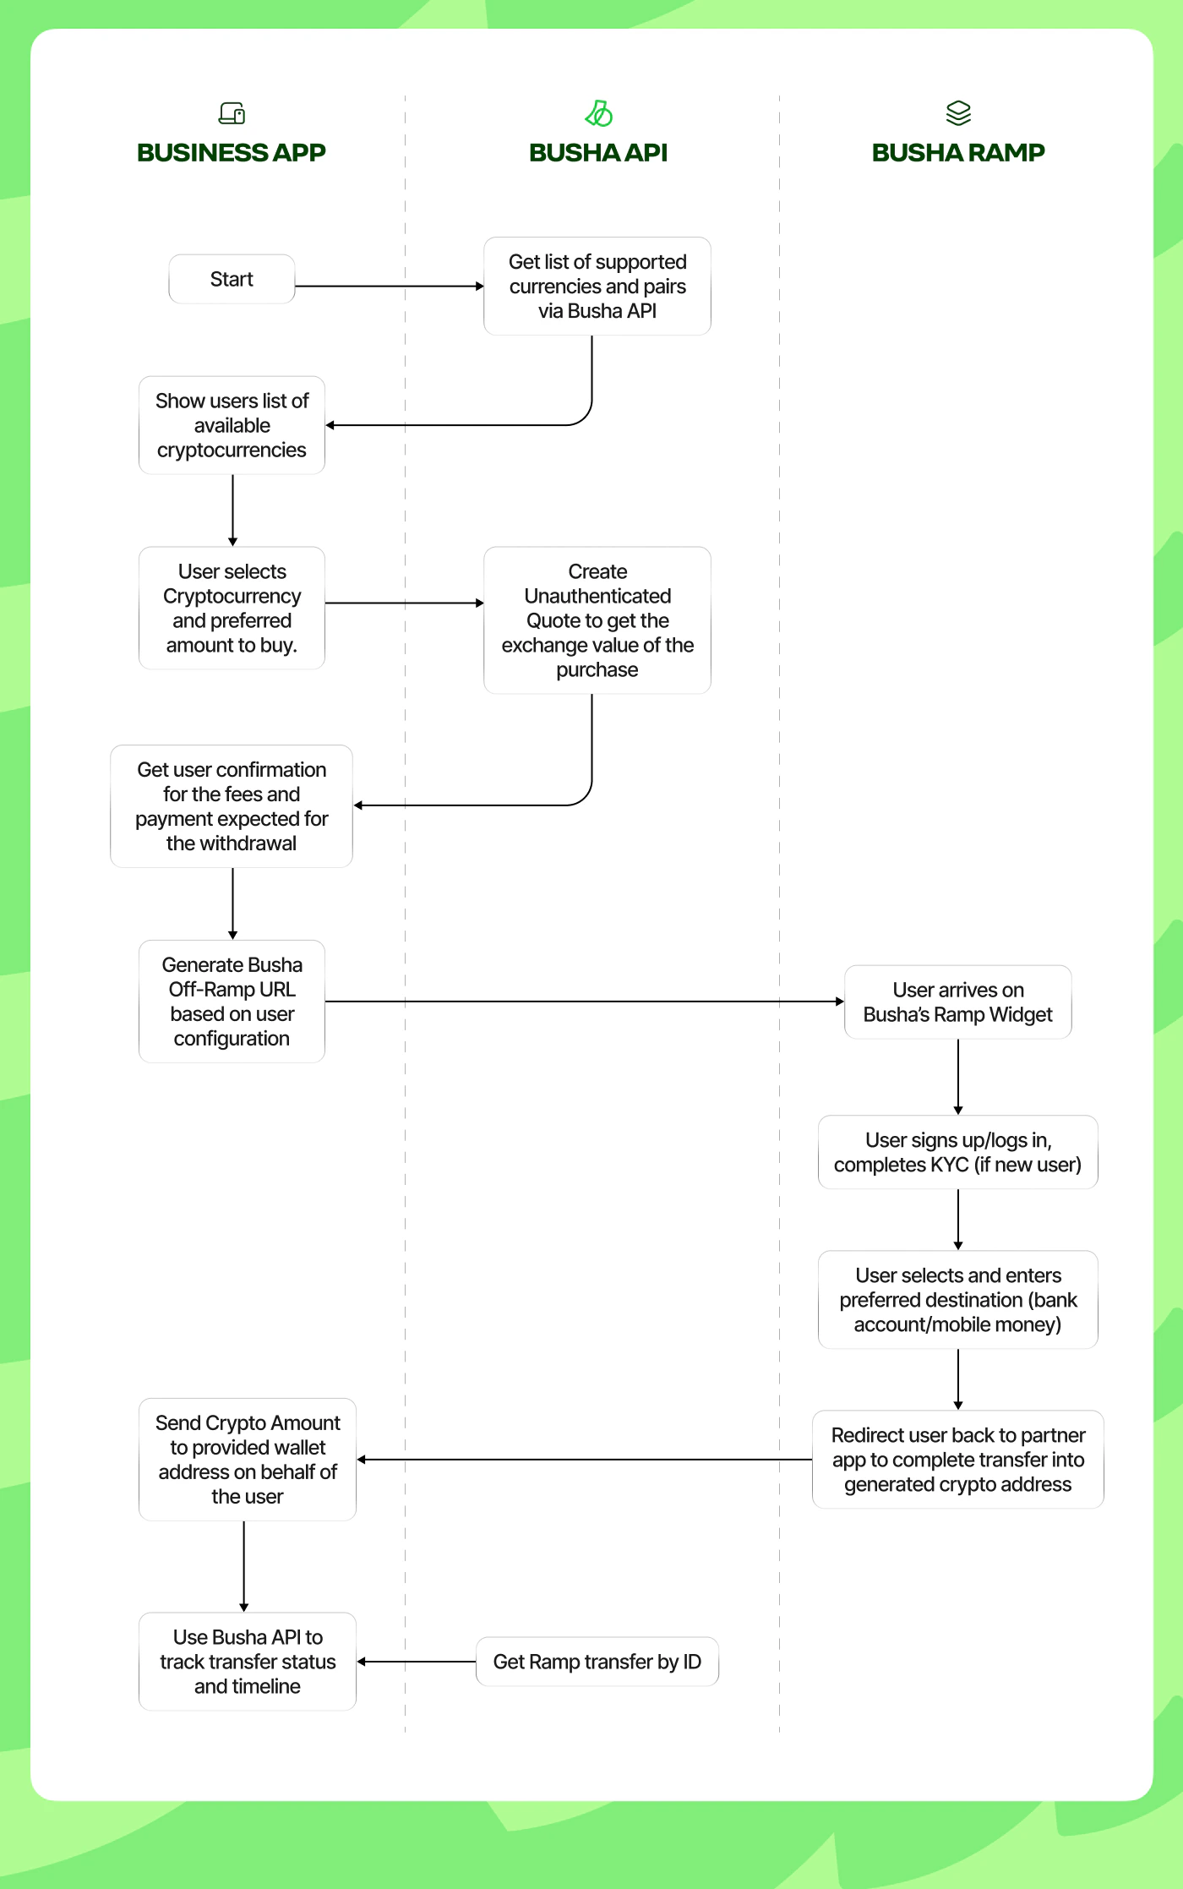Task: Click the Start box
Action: (x=232, y=279)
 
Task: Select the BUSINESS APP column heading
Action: (x=232, y=153)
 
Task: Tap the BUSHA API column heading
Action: (x=597, y=153)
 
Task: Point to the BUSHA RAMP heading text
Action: (x=957, y=153)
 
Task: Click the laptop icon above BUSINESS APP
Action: (x=232, y=112)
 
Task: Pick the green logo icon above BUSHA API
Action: (x=598, y=112)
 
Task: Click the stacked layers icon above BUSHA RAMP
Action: (x=958, y=112)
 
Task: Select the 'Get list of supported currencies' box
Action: (x=597, y=287)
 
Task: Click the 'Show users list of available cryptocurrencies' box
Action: (x=232, y=425)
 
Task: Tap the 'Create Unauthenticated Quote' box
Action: (x=597, y=620)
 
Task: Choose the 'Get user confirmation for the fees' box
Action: (x=232, y=806)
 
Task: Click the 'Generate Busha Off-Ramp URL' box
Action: (x=232, y=1002)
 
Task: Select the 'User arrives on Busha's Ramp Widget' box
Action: (x=957, y=1002)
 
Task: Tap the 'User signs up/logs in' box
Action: (x=957, y=1152)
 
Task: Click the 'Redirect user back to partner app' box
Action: (x=957, y=1460)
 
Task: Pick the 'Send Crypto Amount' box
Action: (x=247, y=1460)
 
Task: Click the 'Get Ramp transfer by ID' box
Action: (x=597, y=1662)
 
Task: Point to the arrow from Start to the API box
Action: (x=389, y=287)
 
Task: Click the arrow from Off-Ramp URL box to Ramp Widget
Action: (x=583, y=1002)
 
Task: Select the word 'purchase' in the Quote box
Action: (x=597, y=670)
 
